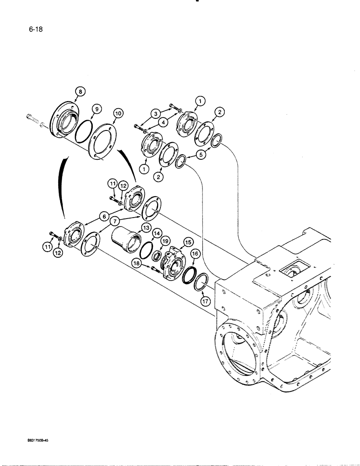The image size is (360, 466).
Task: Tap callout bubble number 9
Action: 97,109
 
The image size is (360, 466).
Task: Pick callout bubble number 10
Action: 118,113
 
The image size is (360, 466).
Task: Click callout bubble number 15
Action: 188,242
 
